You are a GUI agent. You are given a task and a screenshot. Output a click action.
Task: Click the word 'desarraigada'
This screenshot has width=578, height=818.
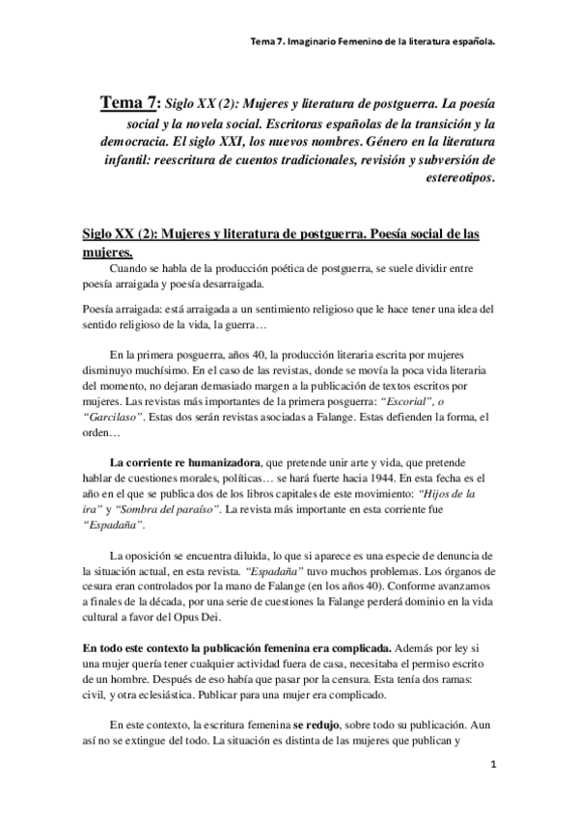coord(234,284)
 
